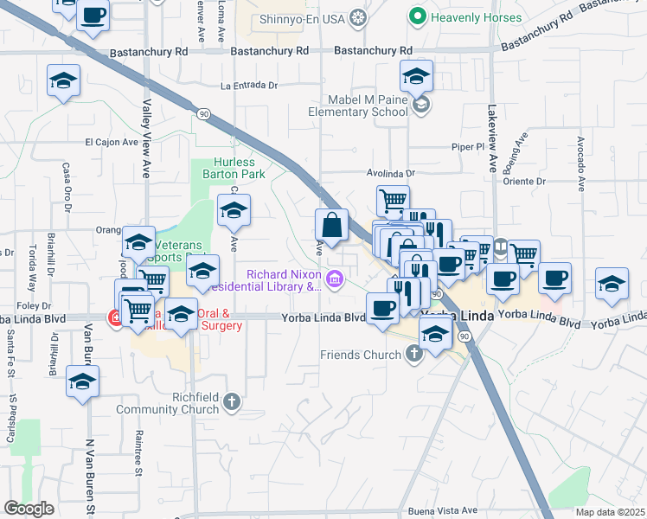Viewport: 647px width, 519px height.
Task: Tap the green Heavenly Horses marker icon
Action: [417, 16]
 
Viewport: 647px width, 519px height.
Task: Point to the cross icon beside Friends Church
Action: [413, 354]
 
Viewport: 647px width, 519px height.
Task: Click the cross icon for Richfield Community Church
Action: [230, 401]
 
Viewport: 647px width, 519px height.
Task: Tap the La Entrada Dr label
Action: [249, 86]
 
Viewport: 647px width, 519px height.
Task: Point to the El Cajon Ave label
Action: [112, 142]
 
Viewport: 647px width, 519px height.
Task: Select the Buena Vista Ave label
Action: [443, 510]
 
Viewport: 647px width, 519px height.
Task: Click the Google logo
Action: [29, 509]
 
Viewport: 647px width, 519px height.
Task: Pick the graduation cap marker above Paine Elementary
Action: [416, 76]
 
